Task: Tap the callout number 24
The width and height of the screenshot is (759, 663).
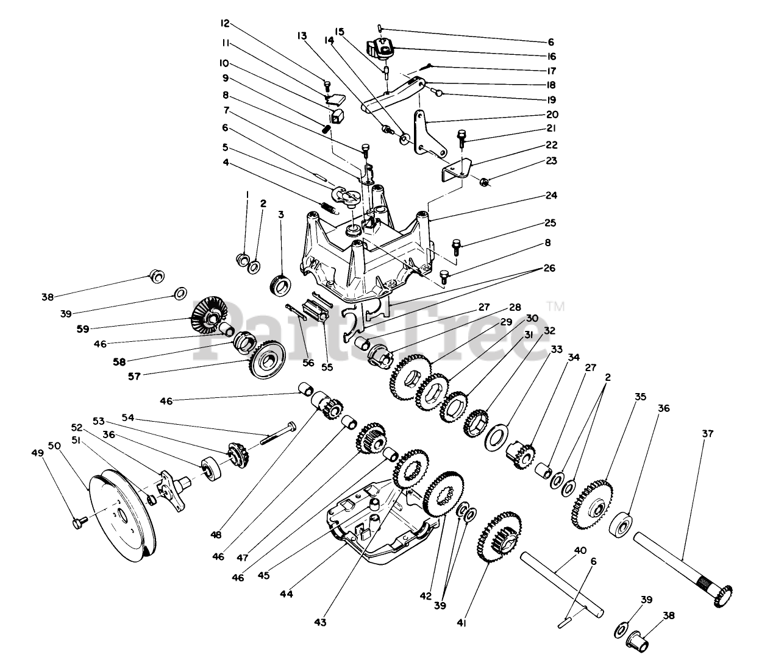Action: click(x=551, y=196)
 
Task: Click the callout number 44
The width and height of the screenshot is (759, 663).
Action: click(x=286, y=593)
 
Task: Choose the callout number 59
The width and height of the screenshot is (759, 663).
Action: click(x=83, y=328)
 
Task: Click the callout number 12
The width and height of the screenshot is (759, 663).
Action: click(x=226, y=24)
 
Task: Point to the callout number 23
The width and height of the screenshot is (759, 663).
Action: click(x=551, y=161)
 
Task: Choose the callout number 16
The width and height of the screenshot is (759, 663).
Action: click(x=551, y=56)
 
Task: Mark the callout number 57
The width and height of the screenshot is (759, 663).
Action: click(x=134, y=376)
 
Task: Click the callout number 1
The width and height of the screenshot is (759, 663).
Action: click(x=247, y=194)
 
